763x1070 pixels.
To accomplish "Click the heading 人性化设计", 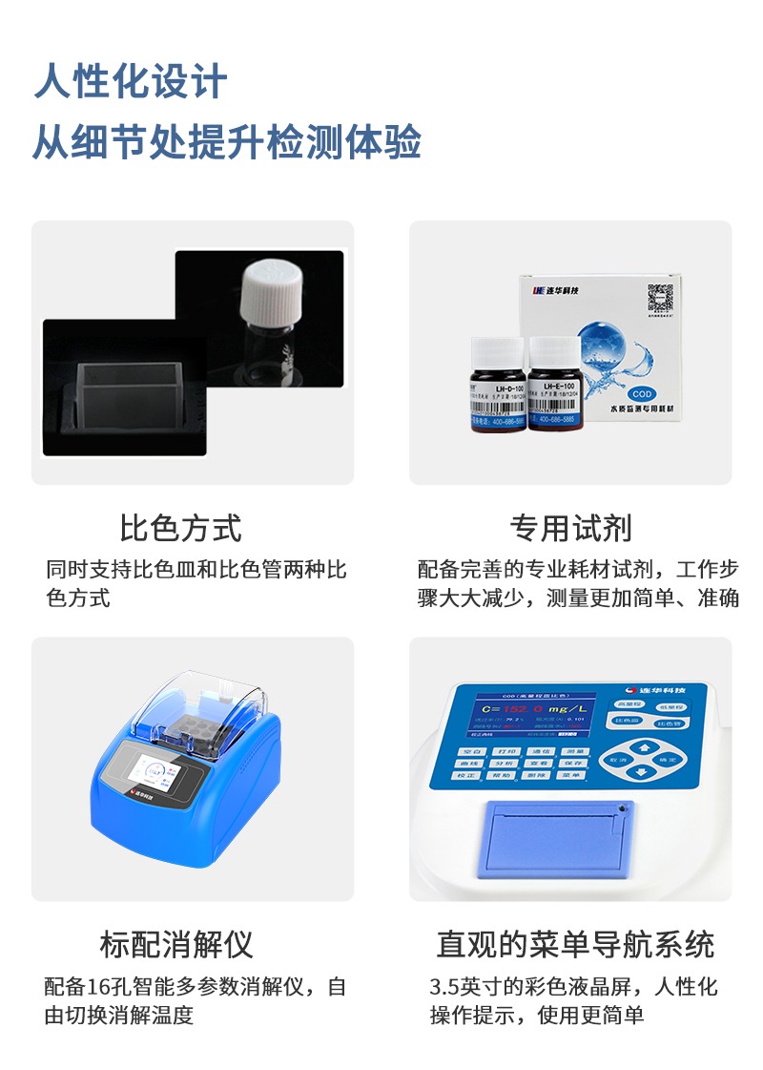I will [x=131, y=81].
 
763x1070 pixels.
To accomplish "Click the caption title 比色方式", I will [x=180, y=528].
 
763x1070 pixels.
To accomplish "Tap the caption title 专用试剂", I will [x=570, y=528].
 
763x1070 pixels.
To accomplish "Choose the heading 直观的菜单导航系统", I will [x=575, y=944].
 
